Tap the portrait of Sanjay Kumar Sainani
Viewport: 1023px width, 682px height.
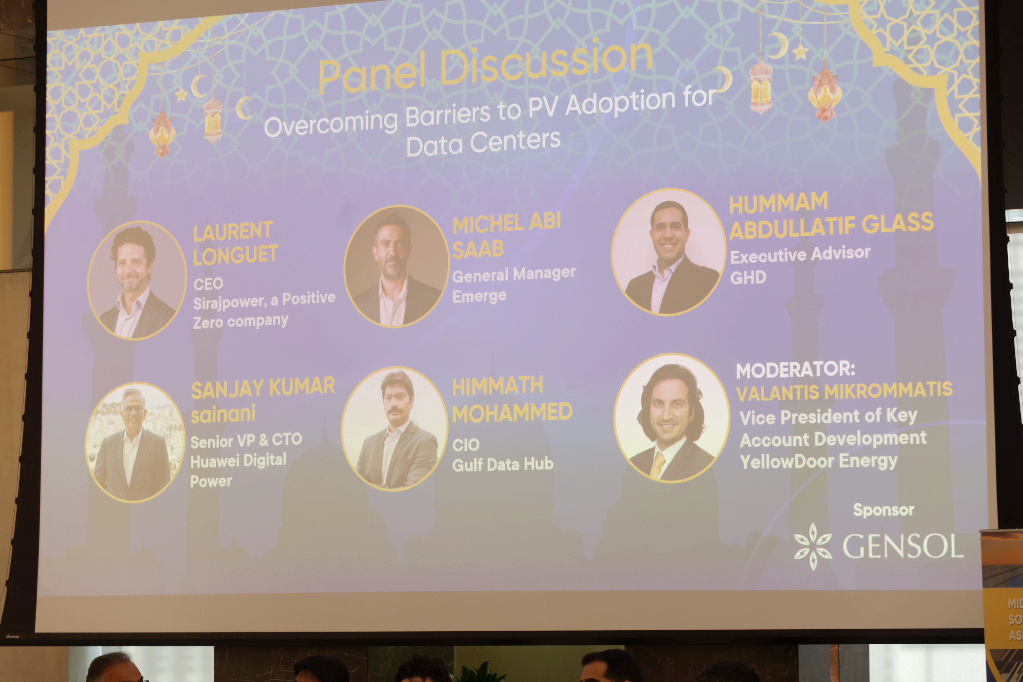pos(135,442)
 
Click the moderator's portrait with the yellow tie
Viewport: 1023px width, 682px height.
pos(672,417)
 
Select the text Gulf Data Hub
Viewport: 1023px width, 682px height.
pos(503,465)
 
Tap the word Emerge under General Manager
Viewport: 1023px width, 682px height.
pos(479,296)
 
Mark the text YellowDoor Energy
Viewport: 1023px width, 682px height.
pos(819,461)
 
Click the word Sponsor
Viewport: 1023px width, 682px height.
pos(884,510)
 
